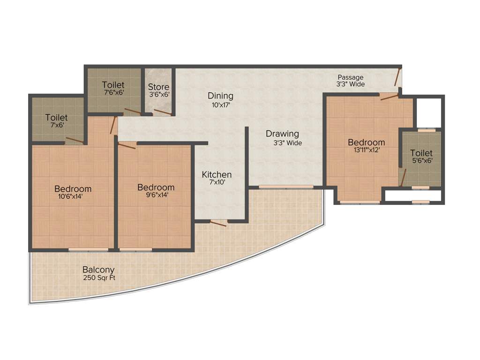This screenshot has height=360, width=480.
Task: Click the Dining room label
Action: (x=220, y=96)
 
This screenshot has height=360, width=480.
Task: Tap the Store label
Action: (x=158, y=87)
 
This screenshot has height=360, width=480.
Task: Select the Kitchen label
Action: (x=217, y=175)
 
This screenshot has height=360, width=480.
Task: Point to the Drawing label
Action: (x=282, y=134)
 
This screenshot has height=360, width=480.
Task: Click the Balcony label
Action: (x=98, y=270)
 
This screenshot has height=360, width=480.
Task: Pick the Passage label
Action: (x=350, y=77)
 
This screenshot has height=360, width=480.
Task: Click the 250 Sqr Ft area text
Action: (x=99, y=278)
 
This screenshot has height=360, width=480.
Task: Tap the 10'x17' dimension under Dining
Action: (x=220, y=105)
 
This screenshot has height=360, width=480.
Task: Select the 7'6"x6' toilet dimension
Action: (x=113, y=93)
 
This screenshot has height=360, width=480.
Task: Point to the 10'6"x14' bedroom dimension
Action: (x=73, y=197)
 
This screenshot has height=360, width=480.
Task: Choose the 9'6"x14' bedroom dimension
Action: (x=156, y=195)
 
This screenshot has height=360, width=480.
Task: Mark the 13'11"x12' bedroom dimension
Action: (x=366, y=150)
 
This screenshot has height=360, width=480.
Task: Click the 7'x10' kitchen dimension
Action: (x=217, y=183)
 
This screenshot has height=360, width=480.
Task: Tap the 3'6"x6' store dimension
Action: (x=158, y=95)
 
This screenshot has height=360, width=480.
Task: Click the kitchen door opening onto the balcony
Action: (x=218, y=223)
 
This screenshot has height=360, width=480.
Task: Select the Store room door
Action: (x=163, y=112)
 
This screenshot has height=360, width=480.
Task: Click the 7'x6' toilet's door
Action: (x=75, y=140)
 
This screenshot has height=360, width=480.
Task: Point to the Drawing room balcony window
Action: (x=286, y=187)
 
